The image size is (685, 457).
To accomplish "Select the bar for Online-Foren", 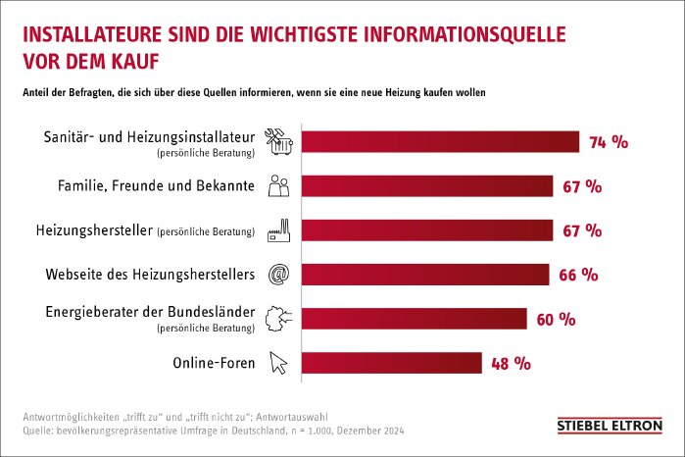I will click(391, 363).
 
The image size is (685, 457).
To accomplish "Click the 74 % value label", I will click(608, 142).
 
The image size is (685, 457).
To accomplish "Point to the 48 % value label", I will click(511, 364).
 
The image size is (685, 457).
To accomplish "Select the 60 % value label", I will click(556, 320).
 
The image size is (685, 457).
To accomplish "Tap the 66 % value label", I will click(577, 276).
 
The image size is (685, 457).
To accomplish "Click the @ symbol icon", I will click(278, 275).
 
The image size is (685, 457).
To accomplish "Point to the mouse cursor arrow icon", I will click(280, 363).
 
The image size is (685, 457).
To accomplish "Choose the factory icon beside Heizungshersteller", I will click(278, 229).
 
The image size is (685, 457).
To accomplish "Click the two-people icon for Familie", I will click(278, 185).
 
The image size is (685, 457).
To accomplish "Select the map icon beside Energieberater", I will click(278, 318).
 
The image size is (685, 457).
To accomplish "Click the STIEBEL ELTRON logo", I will click(609, 426).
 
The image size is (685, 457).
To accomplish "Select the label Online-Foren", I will click(213, 363).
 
